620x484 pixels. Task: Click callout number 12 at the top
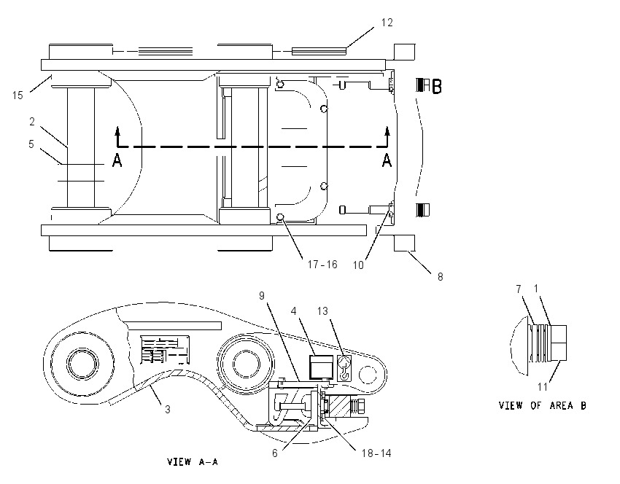[x=387, y=23]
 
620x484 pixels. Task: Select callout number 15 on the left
[x=18, y=95]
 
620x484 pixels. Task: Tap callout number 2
[x=32, y=122]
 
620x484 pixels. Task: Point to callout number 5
[x=31, y=144]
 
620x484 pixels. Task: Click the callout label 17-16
[x=322, y=265]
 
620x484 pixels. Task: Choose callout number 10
[x=358, y=265]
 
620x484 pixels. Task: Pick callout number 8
[x=440, y=277]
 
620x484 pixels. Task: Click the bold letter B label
[x=436, y=87]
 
